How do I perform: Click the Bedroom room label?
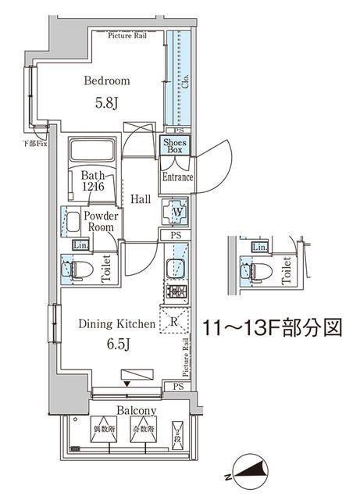106,80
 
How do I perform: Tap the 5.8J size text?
107,102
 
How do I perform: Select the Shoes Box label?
173,145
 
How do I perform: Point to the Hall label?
141,199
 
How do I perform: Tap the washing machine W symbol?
175,211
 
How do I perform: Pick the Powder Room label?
102,221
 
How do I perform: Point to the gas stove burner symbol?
175,294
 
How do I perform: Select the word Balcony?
137,411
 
